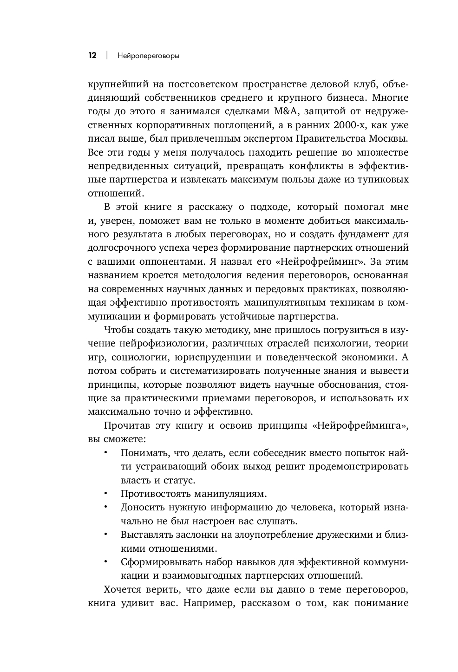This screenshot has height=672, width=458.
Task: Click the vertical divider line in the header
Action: (107, 56)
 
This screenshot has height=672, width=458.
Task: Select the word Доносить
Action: (141, 507)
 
